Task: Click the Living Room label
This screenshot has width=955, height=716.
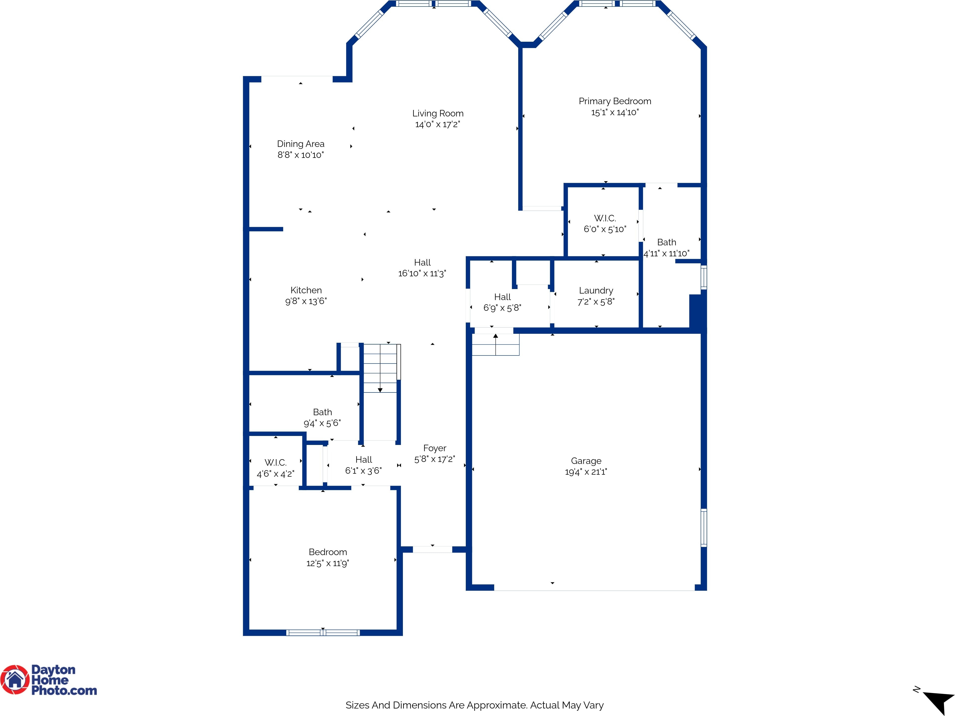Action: point(438,113)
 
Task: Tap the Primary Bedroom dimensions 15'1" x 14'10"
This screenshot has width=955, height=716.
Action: point(615,112)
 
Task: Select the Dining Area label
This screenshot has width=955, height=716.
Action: point(301,144)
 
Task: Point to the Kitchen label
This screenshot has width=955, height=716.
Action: point(306,290)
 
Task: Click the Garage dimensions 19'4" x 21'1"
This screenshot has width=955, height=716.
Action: point(586,472)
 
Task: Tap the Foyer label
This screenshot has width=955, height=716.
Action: point(435,448)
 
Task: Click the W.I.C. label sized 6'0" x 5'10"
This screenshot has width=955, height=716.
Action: point(605,218)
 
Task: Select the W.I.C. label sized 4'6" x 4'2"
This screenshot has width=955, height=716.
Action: point(276,463)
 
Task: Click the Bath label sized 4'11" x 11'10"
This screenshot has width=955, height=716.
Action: point(667,242)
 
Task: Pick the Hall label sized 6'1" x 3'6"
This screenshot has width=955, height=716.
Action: point(363,460)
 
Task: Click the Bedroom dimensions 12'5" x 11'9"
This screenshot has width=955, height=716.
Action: point(328,563)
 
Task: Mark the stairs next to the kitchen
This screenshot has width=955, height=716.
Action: point(380,368)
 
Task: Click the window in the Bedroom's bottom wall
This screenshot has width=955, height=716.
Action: point(323,633)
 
